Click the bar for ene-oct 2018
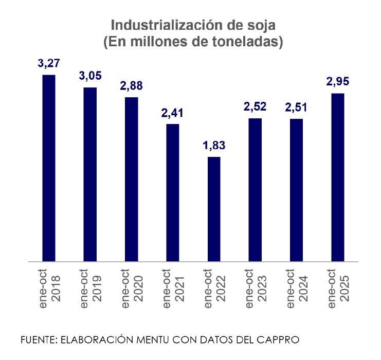coord(49,168)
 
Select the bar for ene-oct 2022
coord(214,209)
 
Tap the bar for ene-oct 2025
coord(337,177)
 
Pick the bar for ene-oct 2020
coord(131,179)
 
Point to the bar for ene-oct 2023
coord(255,190)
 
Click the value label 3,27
coord(49,64)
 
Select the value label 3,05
coord(90,76)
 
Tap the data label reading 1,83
coord(214,146)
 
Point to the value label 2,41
coord(173,113)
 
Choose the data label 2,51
coord(296,107)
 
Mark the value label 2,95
coord(337,82)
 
